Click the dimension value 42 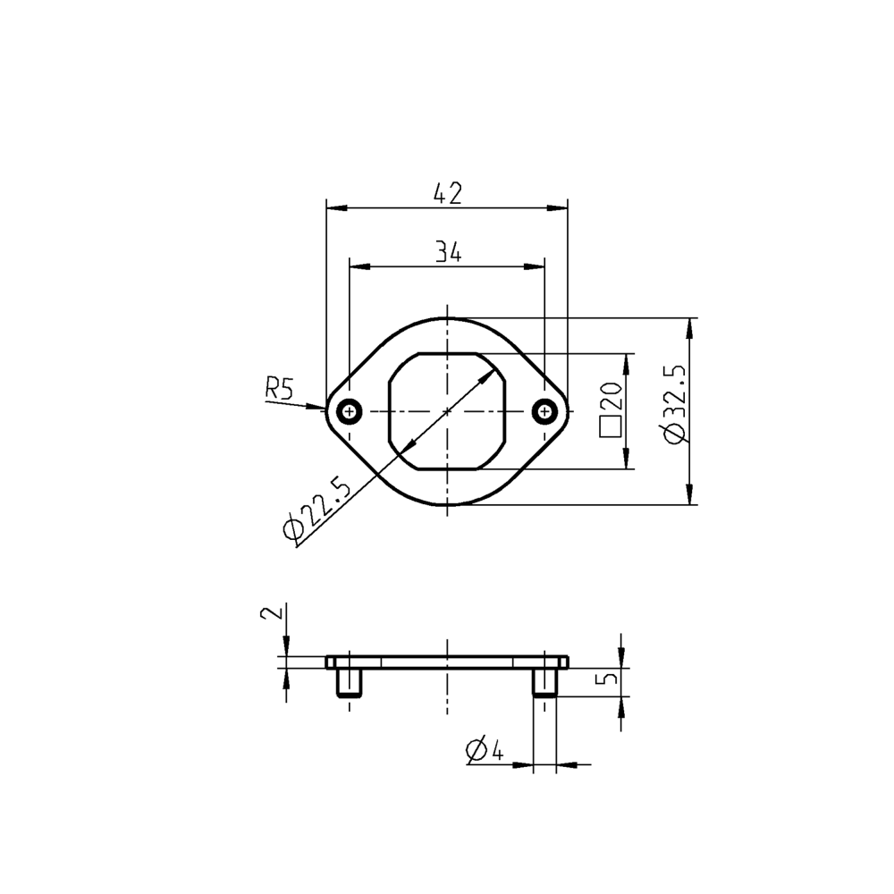tap(447, 194)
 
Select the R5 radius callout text tap(279, 388)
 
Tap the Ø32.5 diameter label tap(676, 402)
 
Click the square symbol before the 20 tap(611, 426)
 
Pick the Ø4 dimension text tap(484, 749)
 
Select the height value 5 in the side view tap(610, 679)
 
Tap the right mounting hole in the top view tap(544, 411)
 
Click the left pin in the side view tap(349, 684)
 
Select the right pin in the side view tap(544, 684)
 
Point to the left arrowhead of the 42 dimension tap(333, 208)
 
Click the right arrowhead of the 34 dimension tap(537, 266)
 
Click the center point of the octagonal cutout tap(447, 411)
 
